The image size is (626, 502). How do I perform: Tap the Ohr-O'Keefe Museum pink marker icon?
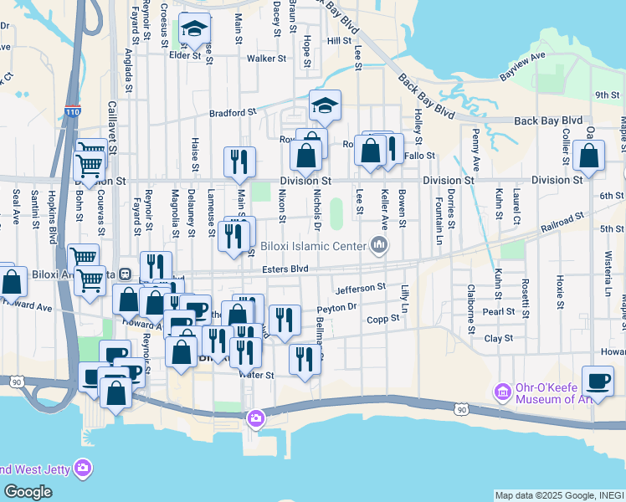click(503, 392)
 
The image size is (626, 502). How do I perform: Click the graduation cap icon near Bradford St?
click(325, 105)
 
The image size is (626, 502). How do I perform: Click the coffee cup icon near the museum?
click(598, 381)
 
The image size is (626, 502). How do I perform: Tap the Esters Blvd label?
click(285, 269)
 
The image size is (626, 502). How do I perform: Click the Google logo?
click(28, 492)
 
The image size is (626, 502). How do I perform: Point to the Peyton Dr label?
click(337, 308)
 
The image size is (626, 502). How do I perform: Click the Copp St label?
click(383, 318)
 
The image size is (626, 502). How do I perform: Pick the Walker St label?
click(267, 59)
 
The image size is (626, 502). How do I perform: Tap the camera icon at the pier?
click(255, 417)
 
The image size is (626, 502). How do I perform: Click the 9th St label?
click(607, 95)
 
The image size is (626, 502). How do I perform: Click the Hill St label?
click(340, 40)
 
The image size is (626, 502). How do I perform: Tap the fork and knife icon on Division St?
click(240, 161)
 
